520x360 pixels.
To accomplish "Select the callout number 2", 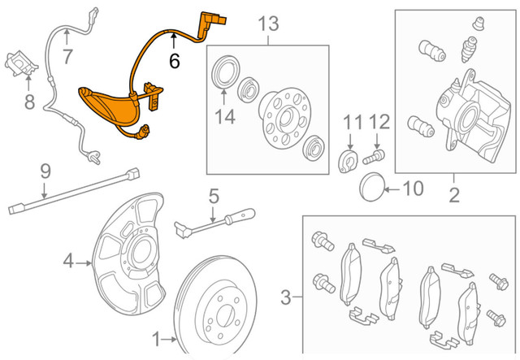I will (x=454, y=194).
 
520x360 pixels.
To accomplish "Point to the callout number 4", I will (x=69, y=261).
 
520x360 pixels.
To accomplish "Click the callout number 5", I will (x=214, y=195).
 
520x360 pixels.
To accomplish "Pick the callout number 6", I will (x=174, y=59).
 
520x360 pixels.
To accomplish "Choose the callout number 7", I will (x=67, y=57).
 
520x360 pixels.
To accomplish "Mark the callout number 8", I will (x=29, y=102).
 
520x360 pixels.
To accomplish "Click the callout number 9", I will (x=45, y=171).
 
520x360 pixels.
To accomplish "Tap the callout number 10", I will (x=413, y=189).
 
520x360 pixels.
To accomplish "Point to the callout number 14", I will (x=225, y=118).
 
